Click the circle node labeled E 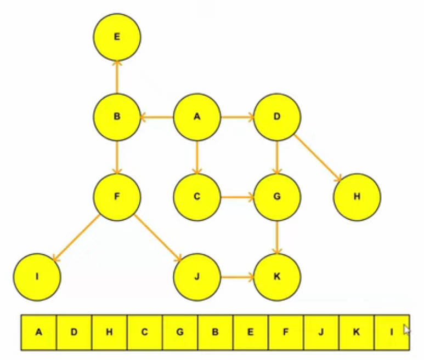[117, 37]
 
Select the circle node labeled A [197, 117]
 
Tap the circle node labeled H [357, 197]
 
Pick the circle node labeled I [37, 277]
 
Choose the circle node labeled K [277, 277]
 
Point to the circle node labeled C [197, 197]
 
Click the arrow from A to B [157, 117]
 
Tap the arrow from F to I [77, 237]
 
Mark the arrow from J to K [237, 277]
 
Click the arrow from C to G [237, 197]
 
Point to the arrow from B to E [117, 77]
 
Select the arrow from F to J [157, 237]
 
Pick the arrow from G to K [277, 237]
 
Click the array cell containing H [109, 332]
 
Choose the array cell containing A [39, 332]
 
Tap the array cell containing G [180, 332]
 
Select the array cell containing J [321, 332]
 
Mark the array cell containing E [251, 332]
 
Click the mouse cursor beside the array [406, 330]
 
